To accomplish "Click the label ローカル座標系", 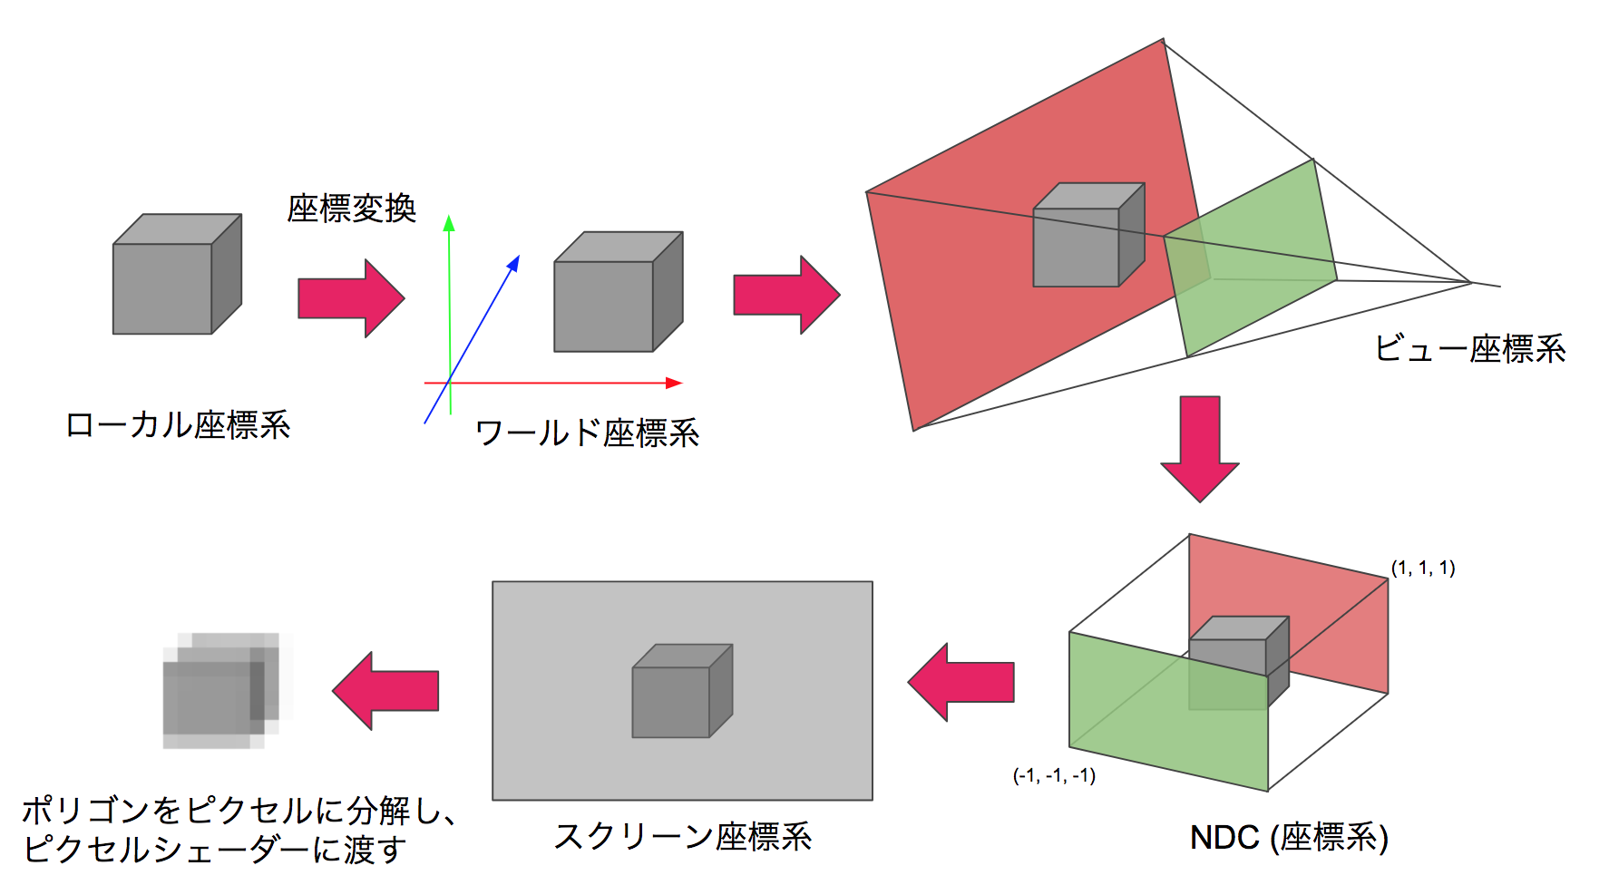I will tap(178, 424).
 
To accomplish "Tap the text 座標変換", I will tap(351, 209).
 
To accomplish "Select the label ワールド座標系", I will tap(587, 433).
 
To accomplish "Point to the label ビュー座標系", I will tap(1469, 348).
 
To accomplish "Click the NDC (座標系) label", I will tap(1289, 836).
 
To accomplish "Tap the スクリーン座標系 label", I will tap(682, 835).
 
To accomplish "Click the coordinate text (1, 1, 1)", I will tap(1422, 568).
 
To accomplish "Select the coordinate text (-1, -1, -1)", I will tap(1054, 775).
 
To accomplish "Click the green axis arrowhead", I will tap(448, 222).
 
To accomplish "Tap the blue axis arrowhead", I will tap(514, 262).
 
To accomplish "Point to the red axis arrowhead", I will tap(674, 383).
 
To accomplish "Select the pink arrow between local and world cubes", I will tap(350, 297).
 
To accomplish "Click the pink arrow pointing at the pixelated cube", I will tap(386, 691).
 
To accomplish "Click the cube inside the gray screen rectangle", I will tap(681, 691).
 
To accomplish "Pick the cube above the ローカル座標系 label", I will tap(177, 274).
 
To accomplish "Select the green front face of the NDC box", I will tap(1168, 712).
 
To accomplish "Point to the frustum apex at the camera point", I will tap(1470, 282).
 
